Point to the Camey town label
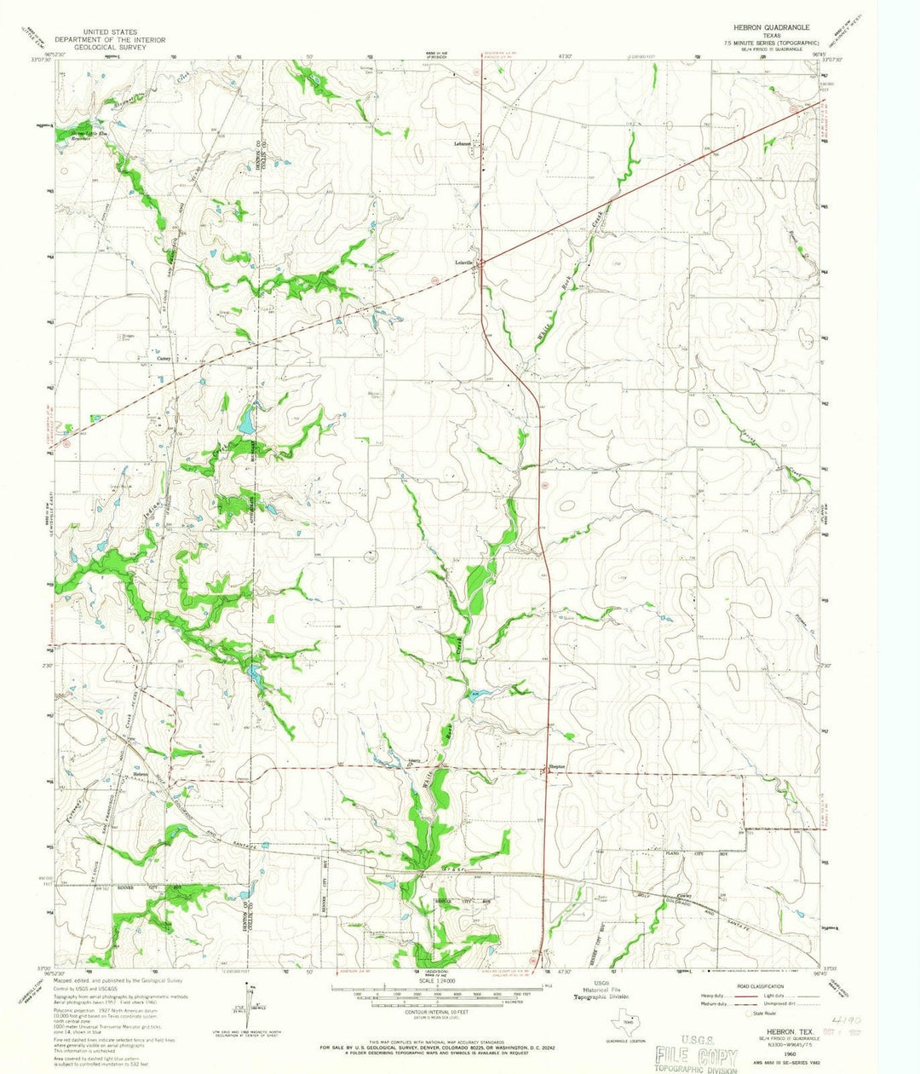click(164, 359)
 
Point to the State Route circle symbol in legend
click(748, 1013)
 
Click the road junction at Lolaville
click(481, 264)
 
